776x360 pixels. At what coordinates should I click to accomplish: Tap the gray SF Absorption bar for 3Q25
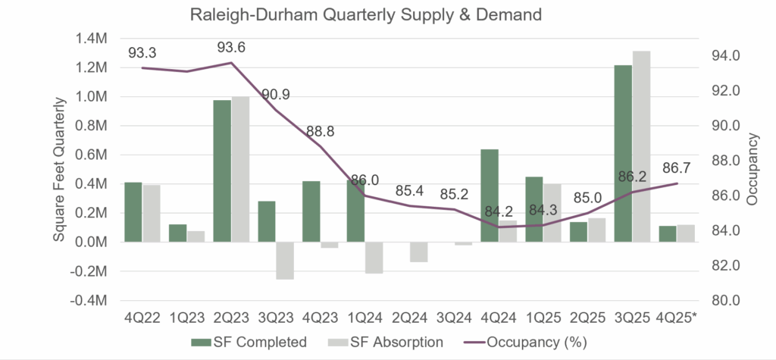pos(642,147)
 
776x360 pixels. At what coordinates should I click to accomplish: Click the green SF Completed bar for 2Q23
pos(222,171)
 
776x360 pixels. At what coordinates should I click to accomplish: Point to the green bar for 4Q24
pos(490,196)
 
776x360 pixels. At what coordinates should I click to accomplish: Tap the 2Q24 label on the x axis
pos(413,319)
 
